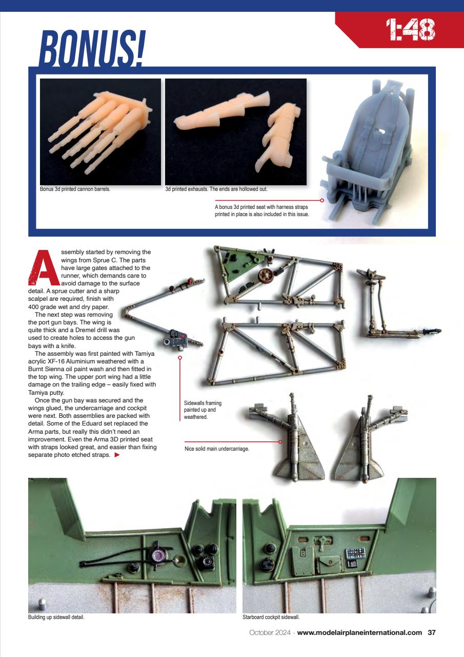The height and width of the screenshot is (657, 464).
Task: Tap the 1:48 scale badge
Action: coord(410,30)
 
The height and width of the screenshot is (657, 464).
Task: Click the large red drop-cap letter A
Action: coord(43,268)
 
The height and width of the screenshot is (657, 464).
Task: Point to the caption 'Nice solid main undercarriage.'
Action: coord(216,449)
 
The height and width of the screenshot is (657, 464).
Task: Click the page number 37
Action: coord(432,633)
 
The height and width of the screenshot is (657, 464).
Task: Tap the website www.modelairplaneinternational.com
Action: coord(360,633)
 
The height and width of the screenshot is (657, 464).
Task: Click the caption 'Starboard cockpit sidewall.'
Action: coord(270,617)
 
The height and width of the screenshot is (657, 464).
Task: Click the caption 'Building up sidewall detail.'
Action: coord(56,617)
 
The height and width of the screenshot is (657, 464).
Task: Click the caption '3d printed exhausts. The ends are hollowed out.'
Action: coord(216,189)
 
